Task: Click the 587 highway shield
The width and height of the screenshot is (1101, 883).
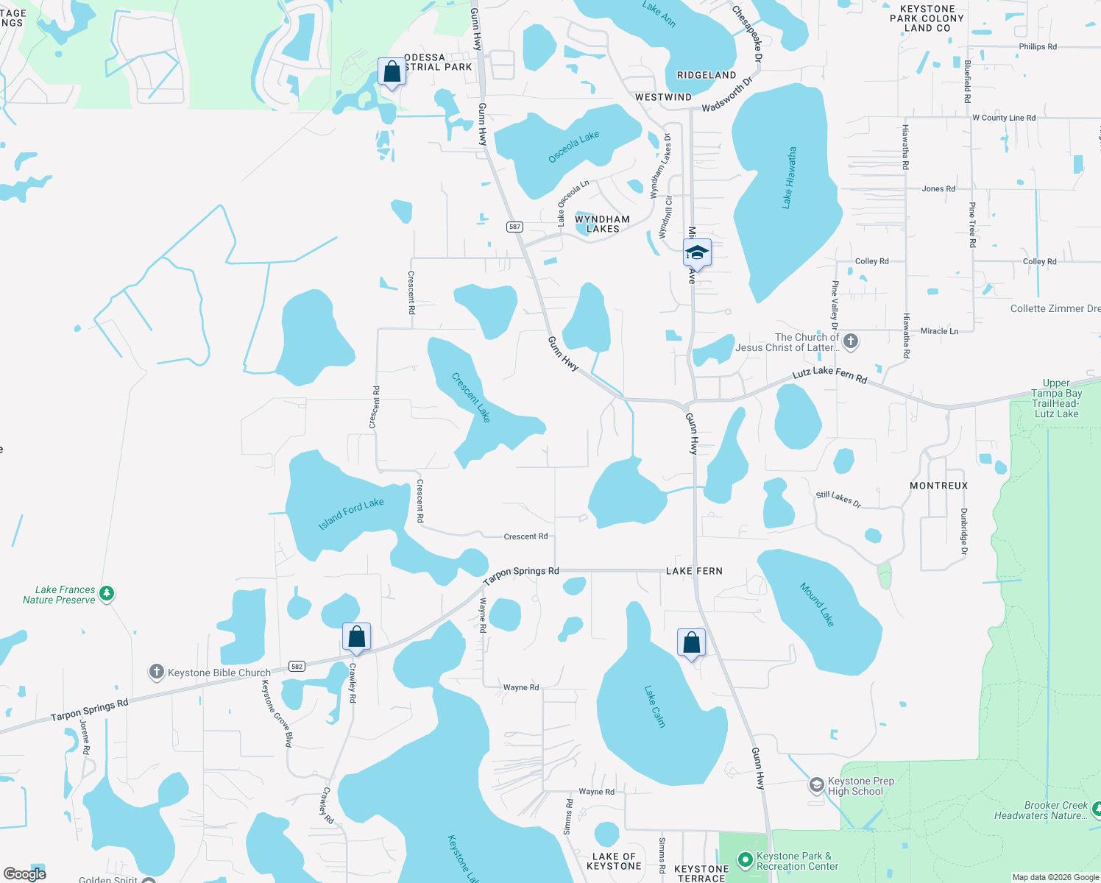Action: (515, 227)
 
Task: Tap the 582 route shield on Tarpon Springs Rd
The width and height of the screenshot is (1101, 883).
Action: (297, 667)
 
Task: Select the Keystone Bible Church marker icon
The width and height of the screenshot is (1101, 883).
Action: (156, 672)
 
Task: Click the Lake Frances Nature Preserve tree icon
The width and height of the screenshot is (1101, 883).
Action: (107, 593)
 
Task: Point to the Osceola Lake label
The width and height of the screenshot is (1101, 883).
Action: (574, 147)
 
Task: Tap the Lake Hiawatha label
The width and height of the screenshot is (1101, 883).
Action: (789, 177)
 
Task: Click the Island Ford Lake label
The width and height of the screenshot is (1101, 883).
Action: (351, 514)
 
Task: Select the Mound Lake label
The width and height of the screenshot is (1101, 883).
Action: (818, 604)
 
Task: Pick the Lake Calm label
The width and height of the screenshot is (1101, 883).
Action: (654, 706)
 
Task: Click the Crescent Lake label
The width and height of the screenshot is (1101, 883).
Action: (471, 397)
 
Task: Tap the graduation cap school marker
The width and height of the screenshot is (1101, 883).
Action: (696, 253)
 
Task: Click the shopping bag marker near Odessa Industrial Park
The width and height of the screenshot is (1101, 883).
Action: (392, 72)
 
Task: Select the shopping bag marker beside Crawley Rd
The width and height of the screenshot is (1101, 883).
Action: (356, 636)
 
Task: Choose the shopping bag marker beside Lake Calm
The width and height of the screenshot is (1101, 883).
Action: (691, 642)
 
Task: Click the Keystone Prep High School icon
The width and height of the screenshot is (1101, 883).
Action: (816, 786)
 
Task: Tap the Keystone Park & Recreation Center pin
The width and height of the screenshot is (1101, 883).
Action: (745, 859)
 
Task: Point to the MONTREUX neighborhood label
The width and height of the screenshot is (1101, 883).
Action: (938, 486)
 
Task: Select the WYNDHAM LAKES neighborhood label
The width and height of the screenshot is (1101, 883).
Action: (602, 224)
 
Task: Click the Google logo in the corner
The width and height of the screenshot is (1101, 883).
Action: (24, 874)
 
